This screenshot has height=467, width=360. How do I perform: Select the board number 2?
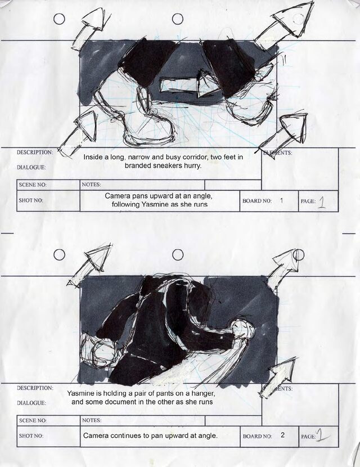282,435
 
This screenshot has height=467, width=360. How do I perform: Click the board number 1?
281,200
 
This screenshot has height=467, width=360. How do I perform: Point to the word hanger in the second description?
205,393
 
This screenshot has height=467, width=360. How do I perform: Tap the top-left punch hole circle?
59,19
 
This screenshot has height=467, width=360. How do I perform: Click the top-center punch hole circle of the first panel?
178,19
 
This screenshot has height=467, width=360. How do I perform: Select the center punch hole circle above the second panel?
178,255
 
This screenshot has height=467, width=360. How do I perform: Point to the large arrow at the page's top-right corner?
285,23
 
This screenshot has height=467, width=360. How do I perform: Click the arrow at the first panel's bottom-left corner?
78,133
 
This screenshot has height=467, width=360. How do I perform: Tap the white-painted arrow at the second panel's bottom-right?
278,378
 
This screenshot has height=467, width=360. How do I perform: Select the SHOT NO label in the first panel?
31,200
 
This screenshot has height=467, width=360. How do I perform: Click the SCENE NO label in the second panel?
33,420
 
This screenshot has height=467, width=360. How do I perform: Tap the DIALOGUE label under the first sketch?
31,167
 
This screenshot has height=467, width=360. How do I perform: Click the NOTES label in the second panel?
92,420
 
